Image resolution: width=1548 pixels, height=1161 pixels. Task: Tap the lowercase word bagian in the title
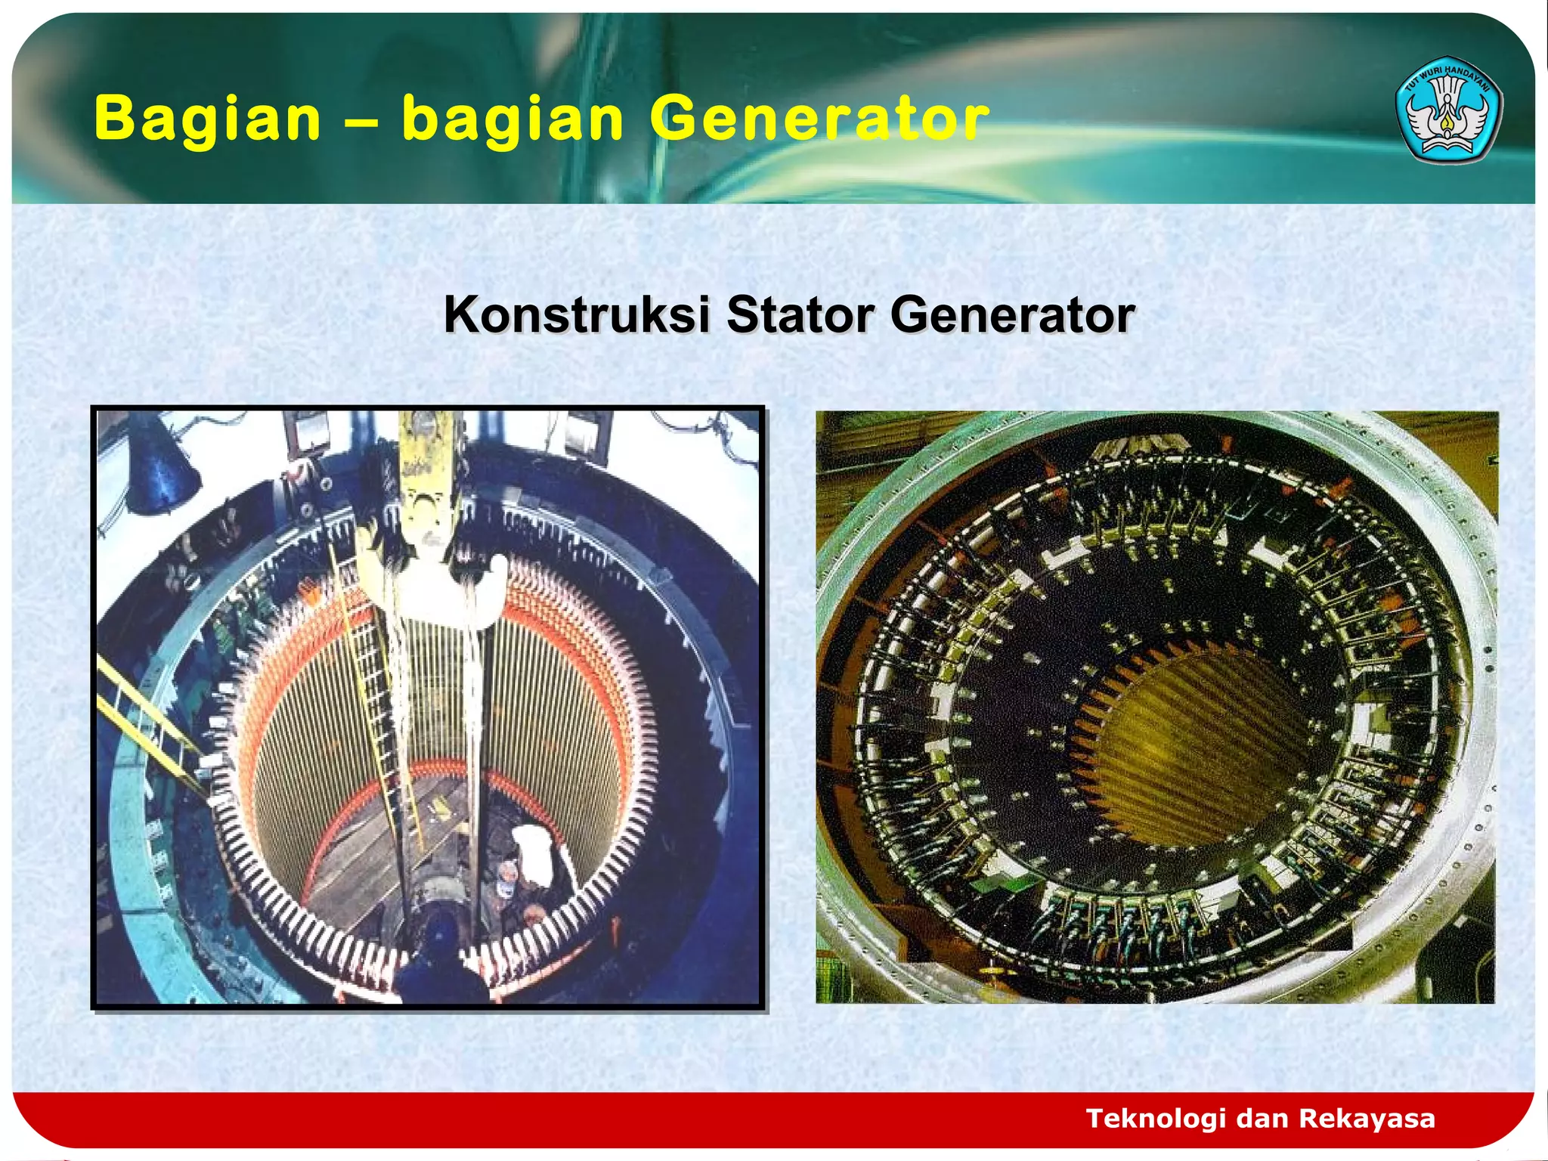(x=512, y=119)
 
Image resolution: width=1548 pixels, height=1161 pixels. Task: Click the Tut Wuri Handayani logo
(x=1447, y=110)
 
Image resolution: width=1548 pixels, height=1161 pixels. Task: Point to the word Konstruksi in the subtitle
(x=576, y=314)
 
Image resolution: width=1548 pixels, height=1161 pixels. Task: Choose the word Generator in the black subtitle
(x=1012, y=314)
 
